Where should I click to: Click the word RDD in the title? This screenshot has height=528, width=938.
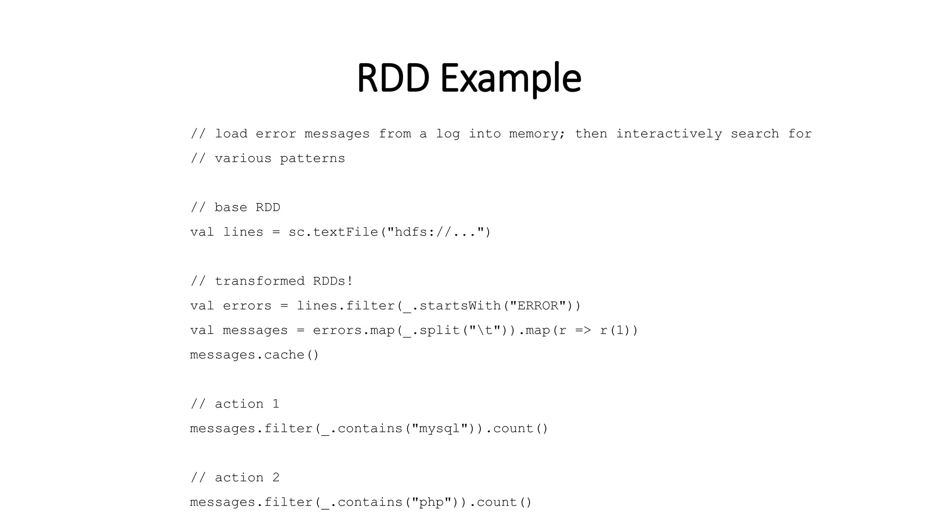[x=393, y=78]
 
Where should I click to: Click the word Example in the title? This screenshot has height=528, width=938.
[x=511, y=79]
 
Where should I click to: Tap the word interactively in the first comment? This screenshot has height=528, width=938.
[x=669, y=134]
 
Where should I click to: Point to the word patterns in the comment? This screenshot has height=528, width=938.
[x=312, y=159]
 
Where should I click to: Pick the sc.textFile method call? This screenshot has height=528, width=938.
[x=333, y=232]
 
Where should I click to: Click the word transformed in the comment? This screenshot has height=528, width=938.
[x=259, y=281]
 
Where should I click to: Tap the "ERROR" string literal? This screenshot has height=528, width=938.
[x=538, y=306]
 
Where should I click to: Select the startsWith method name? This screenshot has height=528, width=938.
[x=460, y=306]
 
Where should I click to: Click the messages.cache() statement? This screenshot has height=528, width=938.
[x=254, y=355]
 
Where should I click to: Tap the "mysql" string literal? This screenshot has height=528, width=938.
[x=440, y=429]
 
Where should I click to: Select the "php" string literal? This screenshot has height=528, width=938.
[x=431, y=502]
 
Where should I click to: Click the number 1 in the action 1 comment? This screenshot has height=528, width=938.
[x=276, y=404]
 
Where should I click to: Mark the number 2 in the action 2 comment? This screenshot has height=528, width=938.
[x=276, y=478]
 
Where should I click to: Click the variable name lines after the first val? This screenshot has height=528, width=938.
[x=243, y=232]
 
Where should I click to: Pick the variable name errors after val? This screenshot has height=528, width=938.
[x=247, y=306]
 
